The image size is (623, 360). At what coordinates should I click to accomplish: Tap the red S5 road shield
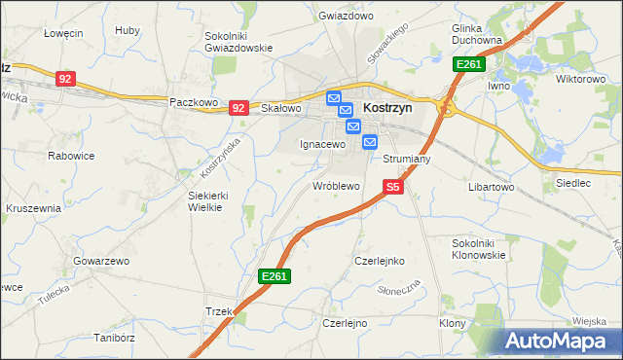[x=392, y=186]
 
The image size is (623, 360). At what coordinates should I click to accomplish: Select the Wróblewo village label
[x=336, y=185]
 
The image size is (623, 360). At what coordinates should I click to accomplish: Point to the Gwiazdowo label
[x=346, y=17]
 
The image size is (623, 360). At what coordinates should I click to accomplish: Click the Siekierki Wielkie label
[x=207, y=200]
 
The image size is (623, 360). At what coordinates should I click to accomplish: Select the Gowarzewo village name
[x=101, y=262]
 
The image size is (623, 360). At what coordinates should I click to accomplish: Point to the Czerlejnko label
[x=379, y=261]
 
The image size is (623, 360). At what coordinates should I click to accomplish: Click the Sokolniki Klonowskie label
[x=479, y=248]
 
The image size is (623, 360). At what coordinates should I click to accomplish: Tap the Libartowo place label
[x=491, y=186]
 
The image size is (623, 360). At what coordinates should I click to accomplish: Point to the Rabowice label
[x=70, y=154]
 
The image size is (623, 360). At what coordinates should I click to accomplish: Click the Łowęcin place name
[x=63, y=32]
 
